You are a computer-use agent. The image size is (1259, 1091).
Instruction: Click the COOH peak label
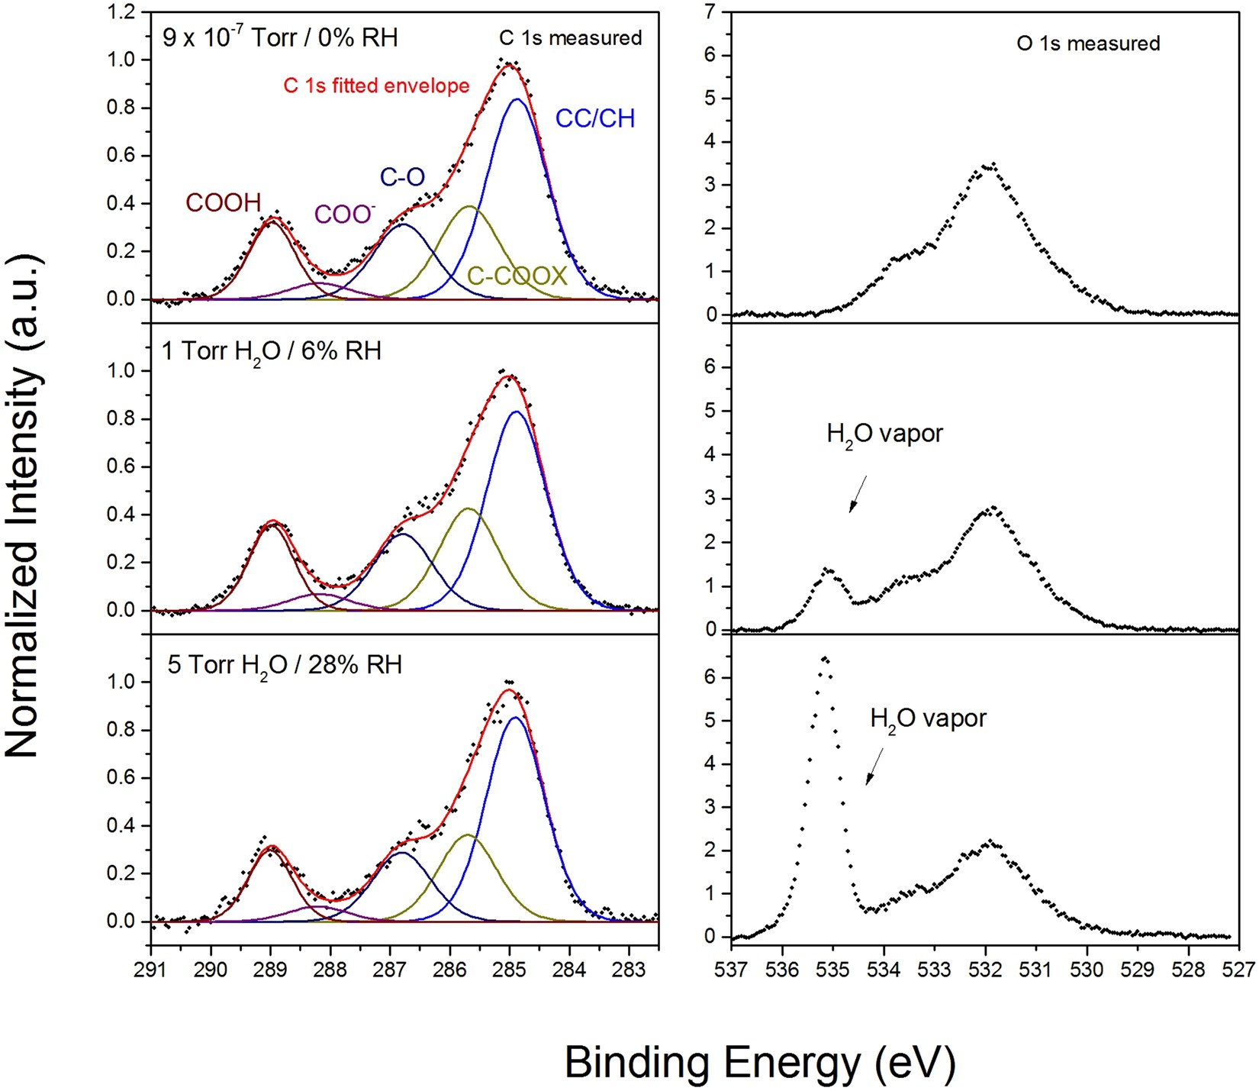click(x=224, y=202)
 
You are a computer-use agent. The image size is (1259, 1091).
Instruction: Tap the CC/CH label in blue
click(x=594, y=118)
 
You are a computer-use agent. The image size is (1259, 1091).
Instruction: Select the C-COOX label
click(x=517, y=276)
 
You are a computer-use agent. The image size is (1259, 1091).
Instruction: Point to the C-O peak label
click(x=402, y=177)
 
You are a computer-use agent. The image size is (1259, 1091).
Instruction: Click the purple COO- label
click(x=345, y=215)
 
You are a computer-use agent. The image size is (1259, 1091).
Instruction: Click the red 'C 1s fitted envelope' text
click(x=376, y=86)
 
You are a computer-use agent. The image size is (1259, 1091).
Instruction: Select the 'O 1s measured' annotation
click(x=1088, y=44)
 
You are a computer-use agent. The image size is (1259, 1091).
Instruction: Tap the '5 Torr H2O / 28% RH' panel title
click(x=284, y=664)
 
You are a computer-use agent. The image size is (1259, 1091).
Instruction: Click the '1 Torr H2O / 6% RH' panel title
click(x=271, y=351)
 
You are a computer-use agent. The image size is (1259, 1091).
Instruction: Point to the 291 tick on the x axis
click(x=151, y=970)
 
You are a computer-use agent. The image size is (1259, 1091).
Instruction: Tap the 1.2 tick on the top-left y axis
click(x=122, y=12)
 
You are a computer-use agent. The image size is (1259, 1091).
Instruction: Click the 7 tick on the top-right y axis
click(x=711, y=12)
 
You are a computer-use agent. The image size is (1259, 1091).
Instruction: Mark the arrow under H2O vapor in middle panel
click(x=858, y=494)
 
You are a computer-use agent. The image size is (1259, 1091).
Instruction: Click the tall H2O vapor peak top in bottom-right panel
click(x=824, y=658)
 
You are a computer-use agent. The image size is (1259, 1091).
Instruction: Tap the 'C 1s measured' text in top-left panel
click(x=570, y=38)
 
